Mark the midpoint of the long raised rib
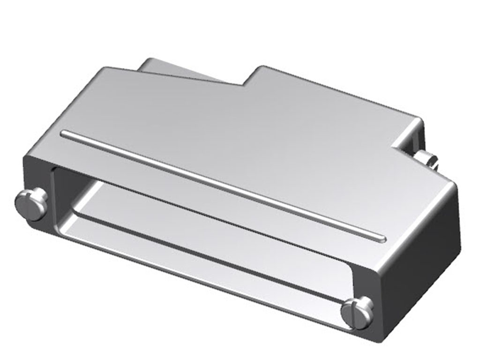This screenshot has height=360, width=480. point(223,186)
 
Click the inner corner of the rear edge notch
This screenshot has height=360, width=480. point(243,85)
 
